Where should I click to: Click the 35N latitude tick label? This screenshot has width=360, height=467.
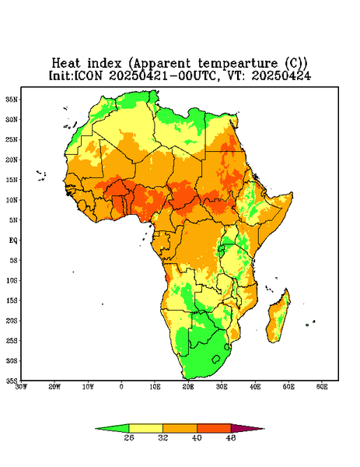tap(12, 100)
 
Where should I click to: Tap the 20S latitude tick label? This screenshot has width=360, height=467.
tap(12, 321)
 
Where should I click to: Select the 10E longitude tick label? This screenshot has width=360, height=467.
tap(155, 387)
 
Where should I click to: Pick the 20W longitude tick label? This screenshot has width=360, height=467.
tap(54, 387)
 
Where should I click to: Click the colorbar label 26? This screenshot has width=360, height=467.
tap(129, 437)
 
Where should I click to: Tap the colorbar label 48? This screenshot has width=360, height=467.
tap(231, 437)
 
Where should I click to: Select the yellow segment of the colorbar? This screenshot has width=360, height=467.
tap(145, 428)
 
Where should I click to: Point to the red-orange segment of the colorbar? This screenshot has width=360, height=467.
tap(214, 428)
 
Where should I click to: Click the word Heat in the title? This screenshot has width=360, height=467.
tap(66, 64)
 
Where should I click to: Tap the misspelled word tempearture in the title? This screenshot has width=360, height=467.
tap(237, 64)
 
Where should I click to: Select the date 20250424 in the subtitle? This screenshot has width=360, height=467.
tap(281, 76)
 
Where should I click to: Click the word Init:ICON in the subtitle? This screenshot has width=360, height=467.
tap(75, 76)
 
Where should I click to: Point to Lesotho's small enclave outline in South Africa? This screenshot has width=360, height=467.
tap(216, 360)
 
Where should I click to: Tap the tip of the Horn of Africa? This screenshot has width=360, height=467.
tap(292, 194)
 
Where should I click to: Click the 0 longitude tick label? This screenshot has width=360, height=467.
tap(121, 387)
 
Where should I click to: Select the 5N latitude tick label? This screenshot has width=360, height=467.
tap(12, 220)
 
